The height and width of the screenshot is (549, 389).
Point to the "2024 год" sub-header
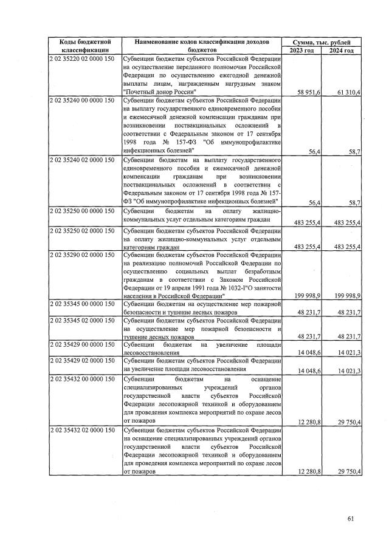click(341, 50)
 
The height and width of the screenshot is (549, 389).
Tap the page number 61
click(350, 518)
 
